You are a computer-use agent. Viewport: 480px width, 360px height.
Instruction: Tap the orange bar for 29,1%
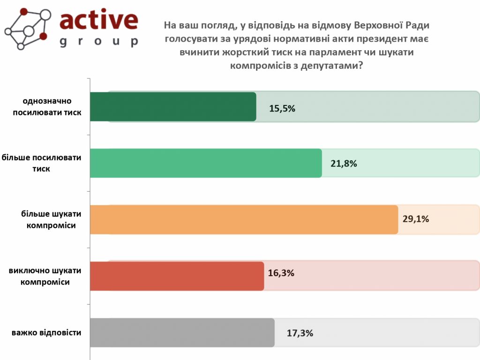pos(243,219)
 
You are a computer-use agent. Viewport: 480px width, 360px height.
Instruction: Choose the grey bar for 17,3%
pos(181,333)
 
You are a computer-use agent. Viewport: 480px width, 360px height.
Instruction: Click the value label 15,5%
pos(282,109)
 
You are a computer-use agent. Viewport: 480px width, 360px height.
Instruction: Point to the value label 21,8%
pos(344,164)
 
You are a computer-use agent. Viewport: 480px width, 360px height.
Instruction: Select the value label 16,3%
pos(281,273)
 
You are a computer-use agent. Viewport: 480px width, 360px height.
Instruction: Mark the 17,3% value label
pos(300,334)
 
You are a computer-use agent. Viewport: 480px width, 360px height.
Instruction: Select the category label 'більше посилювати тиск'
pos(42,163)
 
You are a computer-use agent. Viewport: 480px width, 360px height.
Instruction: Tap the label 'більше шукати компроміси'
pos(52,219)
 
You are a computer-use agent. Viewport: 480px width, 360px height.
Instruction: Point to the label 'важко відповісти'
pos(47,333)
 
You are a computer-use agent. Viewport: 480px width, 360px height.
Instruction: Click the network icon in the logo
pos(28,28)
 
